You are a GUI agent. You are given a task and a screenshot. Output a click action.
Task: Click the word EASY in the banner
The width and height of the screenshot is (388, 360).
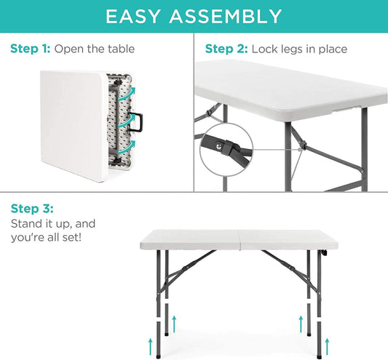pyautogui.click(x=135, y=16)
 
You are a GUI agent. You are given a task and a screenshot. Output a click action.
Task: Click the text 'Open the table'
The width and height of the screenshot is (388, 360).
pyautogui.click(x=95, y=49)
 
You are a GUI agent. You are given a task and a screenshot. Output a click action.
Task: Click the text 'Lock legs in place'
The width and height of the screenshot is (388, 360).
pyautogui.click(x=299, y=49)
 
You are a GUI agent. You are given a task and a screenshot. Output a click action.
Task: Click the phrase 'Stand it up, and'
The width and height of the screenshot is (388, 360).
pyautogui.click(x=52, y=223)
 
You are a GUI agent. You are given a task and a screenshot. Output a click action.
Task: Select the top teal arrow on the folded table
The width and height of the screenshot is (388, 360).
pyautogui.click(x=128, y=91)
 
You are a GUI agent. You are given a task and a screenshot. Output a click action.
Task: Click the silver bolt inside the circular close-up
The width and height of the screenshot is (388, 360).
pyautogui.click(x=221, y=146)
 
